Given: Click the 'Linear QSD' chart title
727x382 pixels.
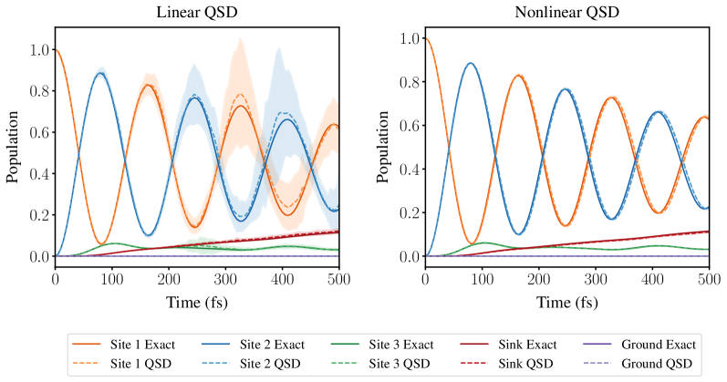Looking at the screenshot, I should click(196, 12).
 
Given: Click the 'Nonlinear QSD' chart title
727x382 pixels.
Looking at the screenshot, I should click(566, 12).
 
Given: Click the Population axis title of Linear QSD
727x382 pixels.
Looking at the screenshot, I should click(13, 147).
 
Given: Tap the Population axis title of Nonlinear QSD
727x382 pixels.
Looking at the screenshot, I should click(383, 147).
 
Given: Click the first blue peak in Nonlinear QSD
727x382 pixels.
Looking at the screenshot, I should click(470, 63).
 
